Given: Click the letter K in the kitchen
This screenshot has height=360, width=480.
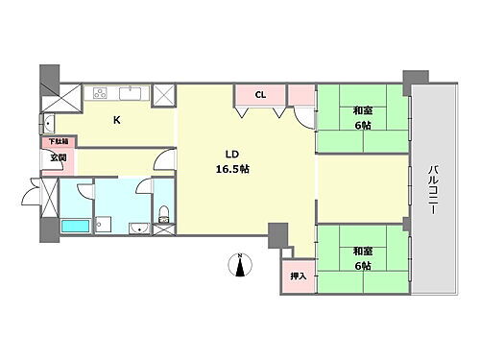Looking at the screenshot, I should pos(117,120).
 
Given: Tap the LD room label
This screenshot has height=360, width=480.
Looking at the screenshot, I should pos(231,154).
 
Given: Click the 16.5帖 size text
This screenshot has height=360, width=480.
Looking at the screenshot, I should pos(232,169).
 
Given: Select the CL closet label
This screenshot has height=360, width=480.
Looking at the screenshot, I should pos(260,95).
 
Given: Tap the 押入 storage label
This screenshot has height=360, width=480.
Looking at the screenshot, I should pos(298,276).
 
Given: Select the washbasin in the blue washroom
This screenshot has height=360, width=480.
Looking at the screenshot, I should pos(140,228).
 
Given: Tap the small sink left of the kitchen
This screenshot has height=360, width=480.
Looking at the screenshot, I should pos(47,122).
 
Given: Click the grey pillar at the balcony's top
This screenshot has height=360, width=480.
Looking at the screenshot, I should pos(416,77).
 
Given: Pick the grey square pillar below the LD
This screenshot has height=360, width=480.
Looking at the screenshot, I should pos(278,233).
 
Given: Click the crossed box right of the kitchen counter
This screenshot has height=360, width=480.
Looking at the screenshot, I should pos(164,94).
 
